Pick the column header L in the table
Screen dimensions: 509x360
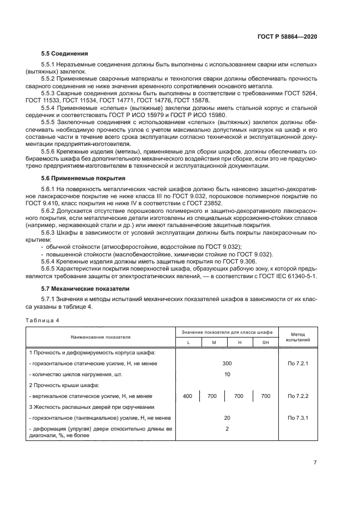(188, 341)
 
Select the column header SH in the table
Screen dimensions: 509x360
(265, 341)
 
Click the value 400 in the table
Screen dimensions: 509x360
(188, 396)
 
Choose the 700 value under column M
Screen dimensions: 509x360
(212, 396)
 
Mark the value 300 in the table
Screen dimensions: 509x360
(227, 363)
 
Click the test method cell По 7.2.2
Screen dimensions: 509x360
(297, 396)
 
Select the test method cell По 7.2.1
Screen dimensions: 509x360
(297, 363)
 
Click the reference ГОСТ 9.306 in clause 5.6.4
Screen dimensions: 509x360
(218, 262)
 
